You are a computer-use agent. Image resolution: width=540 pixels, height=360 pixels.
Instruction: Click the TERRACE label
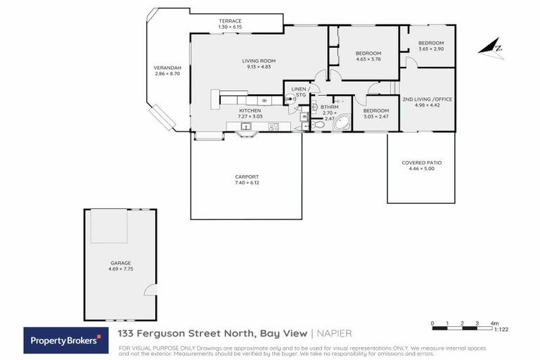(230, 21)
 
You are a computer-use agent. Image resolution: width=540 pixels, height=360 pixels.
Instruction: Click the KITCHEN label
(250, 111)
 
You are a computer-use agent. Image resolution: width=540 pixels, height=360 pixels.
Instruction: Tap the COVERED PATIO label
(422, 162)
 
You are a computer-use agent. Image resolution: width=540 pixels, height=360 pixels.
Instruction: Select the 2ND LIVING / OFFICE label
(427, 99)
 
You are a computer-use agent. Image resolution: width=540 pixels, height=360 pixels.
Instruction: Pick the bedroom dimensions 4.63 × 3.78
(368, 60)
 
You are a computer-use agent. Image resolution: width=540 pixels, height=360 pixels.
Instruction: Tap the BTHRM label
(329, 107)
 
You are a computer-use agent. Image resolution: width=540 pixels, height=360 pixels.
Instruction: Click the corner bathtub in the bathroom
(342, 124)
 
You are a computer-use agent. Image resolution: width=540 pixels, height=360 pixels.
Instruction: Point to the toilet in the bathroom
(318, 124)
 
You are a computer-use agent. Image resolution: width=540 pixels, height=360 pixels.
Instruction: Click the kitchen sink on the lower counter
(245, 127)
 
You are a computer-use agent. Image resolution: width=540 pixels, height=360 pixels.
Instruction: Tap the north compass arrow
(490, 48)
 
